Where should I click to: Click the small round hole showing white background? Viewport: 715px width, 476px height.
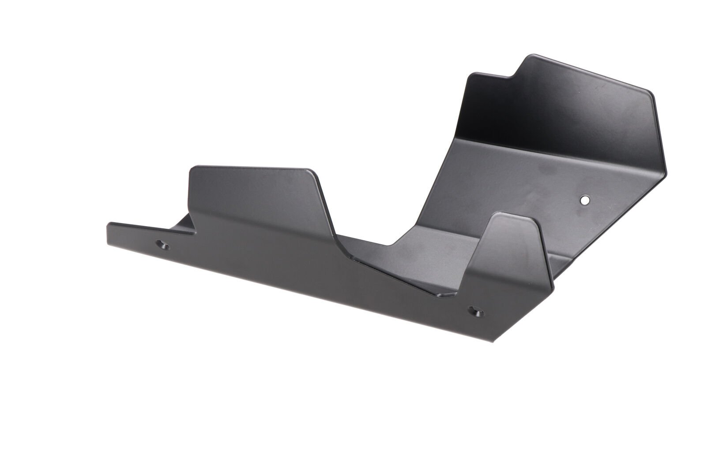pos(584,200)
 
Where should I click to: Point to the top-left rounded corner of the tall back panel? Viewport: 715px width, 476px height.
pos(471,76)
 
